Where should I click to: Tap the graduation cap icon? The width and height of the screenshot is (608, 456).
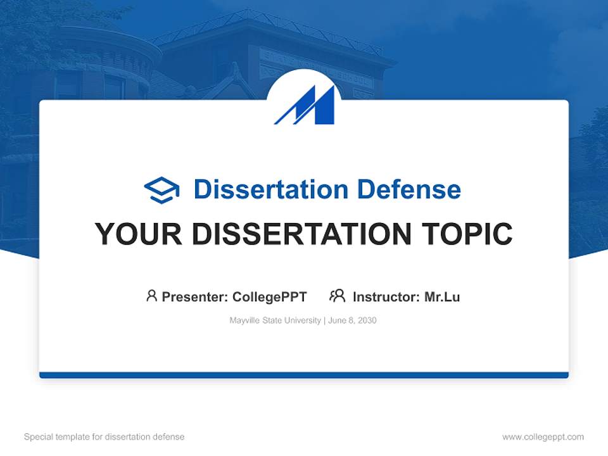[x=161, y=190]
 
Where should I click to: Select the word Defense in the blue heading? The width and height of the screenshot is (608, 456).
[x=409, y=189]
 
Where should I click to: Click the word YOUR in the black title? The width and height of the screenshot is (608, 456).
[x=139, y=234]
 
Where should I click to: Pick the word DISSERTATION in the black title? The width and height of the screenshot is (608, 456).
[x=301, y=234]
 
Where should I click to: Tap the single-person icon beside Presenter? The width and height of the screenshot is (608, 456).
[x=151, y=296]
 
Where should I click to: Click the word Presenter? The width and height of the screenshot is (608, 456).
[x=194, y=297]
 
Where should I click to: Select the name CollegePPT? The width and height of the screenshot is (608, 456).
[x=270, y=297]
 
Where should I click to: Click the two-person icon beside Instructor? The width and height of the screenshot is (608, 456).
[x=338, y=296]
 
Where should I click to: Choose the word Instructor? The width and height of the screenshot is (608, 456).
[x=386, y=297]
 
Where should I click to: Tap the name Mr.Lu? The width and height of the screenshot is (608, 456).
[x=442, y=297]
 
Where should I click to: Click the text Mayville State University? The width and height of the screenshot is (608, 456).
[x=275, y=320]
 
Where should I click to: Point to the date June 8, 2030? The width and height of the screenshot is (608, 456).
[x=353, y=320]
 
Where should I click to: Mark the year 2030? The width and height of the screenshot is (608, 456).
[x=367, y=320]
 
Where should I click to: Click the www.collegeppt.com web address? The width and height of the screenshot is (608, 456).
[x=543, y=437]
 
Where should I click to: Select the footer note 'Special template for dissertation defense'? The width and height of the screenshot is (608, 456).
[x=104, y=437]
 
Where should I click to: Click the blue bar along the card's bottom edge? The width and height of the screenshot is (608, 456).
[x=304, y=375]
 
